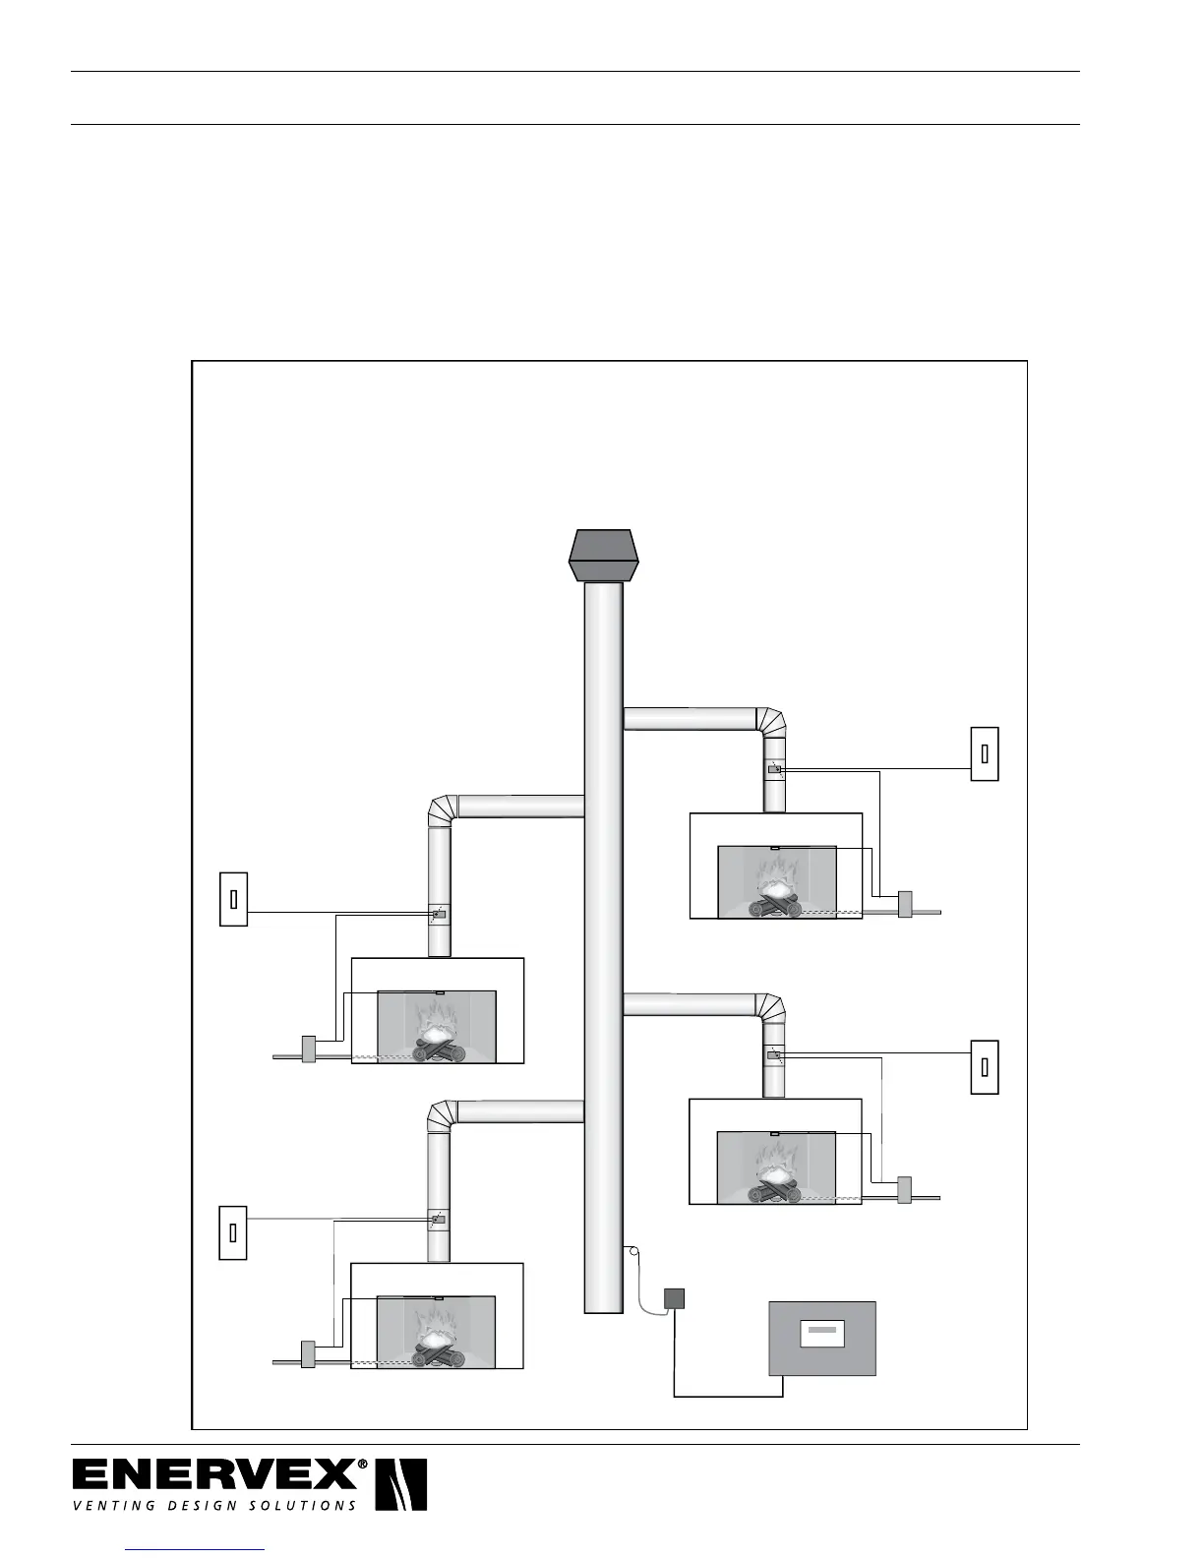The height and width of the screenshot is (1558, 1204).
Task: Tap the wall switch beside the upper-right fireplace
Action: click(985, 753)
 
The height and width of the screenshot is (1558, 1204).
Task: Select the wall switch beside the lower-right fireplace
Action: click(985, 1067)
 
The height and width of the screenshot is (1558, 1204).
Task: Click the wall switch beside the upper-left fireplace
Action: click(233, 899)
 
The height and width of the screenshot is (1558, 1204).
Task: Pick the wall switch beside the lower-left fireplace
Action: click(233, 1232)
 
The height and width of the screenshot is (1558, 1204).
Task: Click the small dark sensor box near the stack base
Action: click(674, 1298)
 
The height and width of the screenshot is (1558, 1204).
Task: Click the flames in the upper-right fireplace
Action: click(777, 875)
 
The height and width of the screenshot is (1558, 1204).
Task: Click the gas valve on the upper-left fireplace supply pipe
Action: click(308, 1049)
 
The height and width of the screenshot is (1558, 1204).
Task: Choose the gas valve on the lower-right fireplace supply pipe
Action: click(905, 1189)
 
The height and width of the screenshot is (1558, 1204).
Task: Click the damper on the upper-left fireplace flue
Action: click(439, 914)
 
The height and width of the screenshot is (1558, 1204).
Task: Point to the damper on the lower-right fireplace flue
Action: click(774, 1054)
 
